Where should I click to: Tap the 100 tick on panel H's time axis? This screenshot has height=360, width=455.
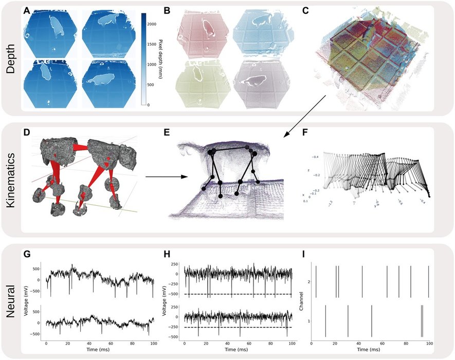(291, 343)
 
